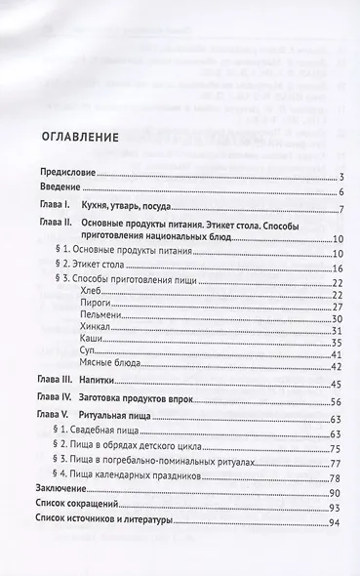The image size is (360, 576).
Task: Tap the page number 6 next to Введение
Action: (x=334, y=192)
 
